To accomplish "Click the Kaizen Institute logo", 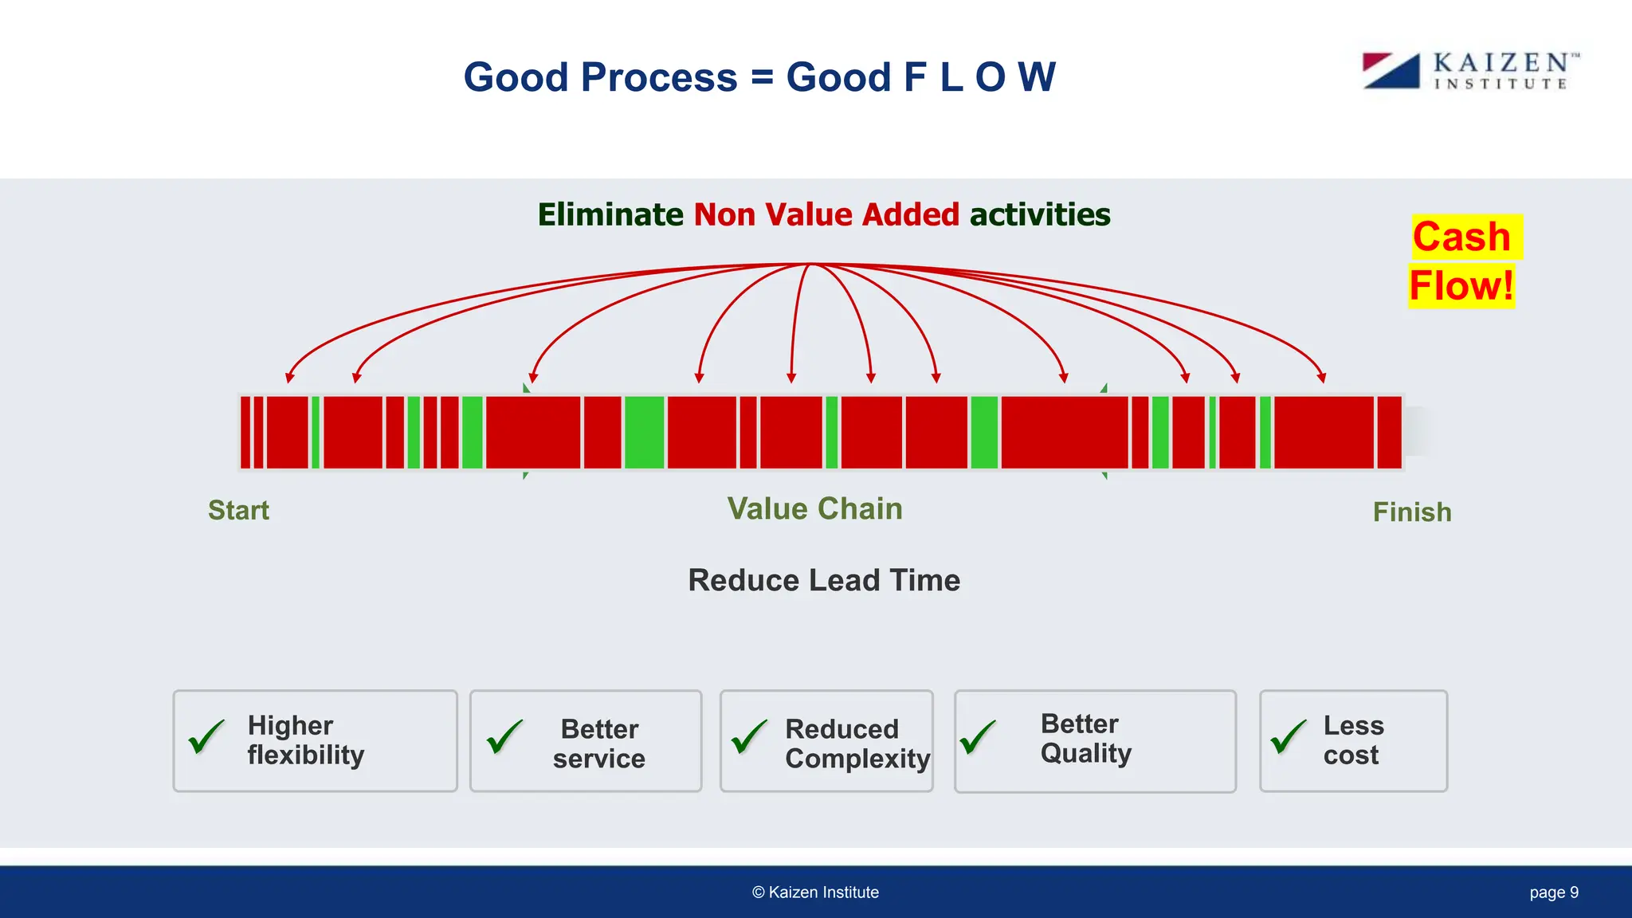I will tap(1470, 71).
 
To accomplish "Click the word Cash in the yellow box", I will tap(1461, 237).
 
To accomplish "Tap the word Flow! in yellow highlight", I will tap(1461, 286).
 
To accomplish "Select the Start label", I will tap(238, 510).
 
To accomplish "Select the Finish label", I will tap(1411, 512).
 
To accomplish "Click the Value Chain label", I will tap(814, 508).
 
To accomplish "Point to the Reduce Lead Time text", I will tap(824, 580).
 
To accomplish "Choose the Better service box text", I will tap(599, 743).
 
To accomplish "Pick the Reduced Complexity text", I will tap(857, 743).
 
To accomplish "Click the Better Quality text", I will tap(1085, 738).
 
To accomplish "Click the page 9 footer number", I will tap(1553, 892).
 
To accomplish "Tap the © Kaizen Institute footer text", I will tap(815, 892).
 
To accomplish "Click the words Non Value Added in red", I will tap(826, 215).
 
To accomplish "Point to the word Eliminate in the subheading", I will tap(610, 215).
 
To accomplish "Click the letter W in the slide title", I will tap(1037, 77).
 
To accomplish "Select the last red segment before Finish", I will tap(1389, 433).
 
